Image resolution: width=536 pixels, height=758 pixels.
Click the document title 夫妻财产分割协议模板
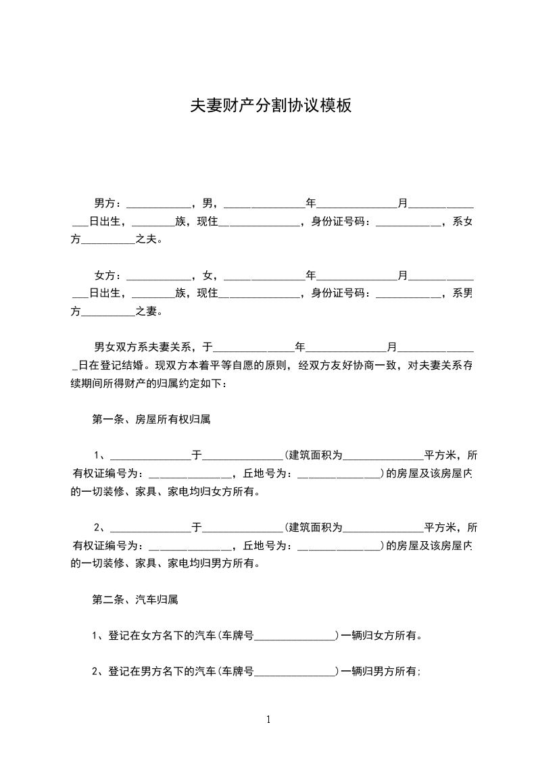click(271, 105)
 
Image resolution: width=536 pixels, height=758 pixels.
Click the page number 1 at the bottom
click(268, 719)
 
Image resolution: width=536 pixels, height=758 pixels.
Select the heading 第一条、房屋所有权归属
click(151, 419)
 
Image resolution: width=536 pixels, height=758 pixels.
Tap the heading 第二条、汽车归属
click(135, 599)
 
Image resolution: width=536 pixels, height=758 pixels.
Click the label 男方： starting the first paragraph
click(108, 203)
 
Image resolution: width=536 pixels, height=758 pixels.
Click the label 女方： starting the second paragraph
click(108, 276)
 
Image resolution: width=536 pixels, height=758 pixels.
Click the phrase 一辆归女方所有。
click(383, 635)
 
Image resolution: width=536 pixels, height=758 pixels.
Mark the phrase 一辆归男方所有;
click(383, 672)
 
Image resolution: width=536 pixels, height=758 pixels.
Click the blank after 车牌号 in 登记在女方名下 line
click(295, 636)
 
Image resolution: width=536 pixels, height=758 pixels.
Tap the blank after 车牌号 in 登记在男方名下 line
click(295, 673)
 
